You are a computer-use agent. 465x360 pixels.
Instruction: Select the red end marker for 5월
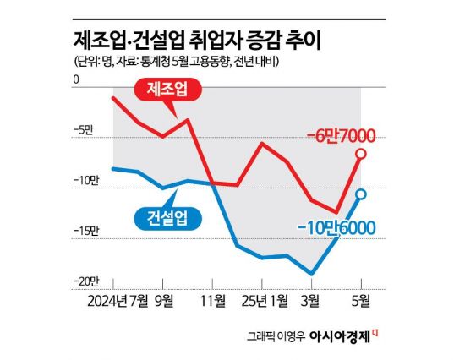click(361, 153)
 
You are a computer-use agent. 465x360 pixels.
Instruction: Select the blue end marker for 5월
click(361, 194)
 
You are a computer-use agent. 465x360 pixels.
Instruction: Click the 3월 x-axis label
click(310, 299)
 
